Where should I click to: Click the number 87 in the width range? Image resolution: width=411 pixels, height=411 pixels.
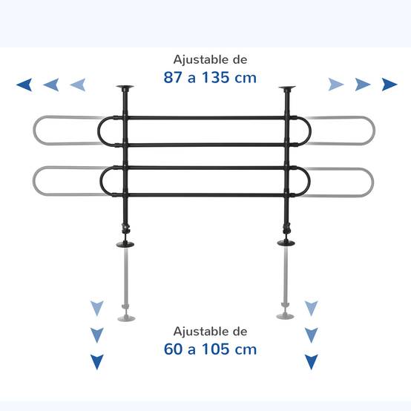(173, 77)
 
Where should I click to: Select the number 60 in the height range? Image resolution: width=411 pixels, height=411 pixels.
(173, 349)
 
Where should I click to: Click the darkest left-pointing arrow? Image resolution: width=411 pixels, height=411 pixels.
(25, 85)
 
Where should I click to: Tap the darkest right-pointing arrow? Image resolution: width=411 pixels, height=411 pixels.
(389, 85)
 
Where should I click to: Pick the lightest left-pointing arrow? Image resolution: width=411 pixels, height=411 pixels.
(78, 85)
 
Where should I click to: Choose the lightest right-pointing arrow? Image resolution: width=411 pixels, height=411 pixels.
(336, 85)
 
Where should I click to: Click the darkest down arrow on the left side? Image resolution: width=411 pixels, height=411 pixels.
(97, 361)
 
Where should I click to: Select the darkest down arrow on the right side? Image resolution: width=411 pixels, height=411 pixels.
(312, 361)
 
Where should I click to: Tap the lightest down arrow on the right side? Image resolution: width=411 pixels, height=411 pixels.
(312, 308)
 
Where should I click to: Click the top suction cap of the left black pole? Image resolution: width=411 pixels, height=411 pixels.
(125, 87)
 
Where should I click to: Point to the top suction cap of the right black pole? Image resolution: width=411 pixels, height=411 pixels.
(287, 88)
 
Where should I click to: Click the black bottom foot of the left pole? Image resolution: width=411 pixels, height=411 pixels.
(125, 245)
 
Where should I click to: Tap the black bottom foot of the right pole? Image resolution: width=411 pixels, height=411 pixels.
(286, 243)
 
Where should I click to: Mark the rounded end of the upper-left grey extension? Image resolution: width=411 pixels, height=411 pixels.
(34, 131)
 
